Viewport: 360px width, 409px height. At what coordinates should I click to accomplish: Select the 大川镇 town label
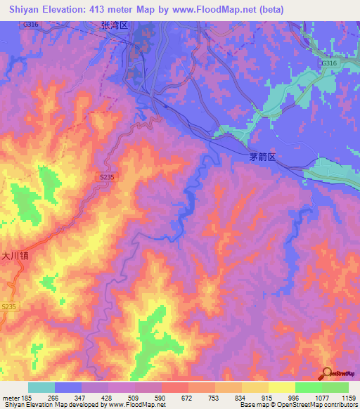pos(14,257)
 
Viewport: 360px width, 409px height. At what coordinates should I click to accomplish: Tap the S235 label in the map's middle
pos(106,178)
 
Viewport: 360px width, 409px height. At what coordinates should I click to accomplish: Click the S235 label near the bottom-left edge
pos(8,307)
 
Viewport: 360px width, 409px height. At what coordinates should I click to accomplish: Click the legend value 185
pos(29,397)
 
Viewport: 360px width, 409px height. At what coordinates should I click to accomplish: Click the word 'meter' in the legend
pos(11,397)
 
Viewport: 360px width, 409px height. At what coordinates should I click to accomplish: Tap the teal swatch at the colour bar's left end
pos(41,387)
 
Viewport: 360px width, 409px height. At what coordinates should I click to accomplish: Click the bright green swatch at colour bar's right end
pos(335,387)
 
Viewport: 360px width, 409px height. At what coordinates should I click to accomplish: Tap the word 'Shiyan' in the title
pos(20,10)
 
